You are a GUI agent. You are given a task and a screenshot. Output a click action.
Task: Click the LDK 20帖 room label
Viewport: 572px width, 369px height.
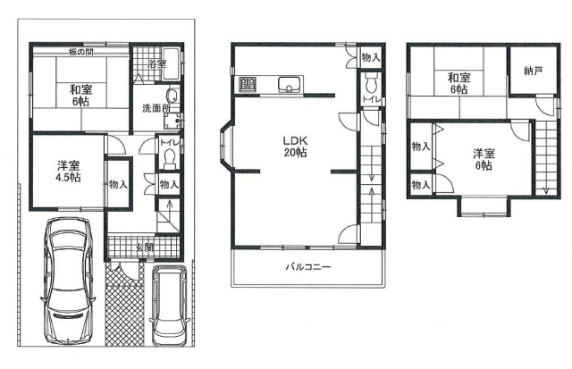tap(296, 147)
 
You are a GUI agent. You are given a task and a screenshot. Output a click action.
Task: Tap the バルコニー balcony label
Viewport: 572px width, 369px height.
tap(307, 267)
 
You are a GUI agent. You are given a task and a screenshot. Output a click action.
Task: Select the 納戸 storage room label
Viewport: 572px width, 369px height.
tap(533, 71)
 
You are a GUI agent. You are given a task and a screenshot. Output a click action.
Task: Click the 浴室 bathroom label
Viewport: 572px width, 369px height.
tap(157, 63)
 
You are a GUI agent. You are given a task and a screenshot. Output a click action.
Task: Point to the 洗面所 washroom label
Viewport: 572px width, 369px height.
tap(156, 108)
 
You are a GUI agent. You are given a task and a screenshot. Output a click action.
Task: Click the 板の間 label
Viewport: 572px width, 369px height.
tap(81, 52)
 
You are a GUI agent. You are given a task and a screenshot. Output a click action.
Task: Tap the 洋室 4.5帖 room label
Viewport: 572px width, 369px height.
tap(69, 172)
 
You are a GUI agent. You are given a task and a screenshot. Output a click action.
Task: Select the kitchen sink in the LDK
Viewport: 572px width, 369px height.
tap(289, 85)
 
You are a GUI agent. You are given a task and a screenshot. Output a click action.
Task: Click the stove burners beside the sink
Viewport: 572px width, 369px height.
tap(248, 85)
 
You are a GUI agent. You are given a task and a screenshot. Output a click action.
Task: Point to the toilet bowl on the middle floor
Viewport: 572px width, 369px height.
tap(372, 83)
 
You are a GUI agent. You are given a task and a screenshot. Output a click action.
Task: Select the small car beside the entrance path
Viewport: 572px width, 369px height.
tap(169, 306)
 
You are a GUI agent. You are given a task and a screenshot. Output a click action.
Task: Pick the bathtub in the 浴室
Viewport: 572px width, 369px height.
tap(171, 63)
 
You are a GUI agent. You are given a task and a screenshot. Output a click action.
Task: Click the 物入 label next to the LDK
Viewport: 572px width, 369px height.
tap(371, 57)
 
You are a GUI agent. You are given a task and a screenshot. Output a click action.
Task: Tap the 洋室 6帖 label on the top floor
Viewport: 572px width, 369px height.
tap(483, 159)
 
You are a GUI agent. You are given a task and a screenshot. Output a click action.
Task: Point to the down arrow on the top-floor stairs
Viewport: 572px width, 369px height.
tap(546, 190)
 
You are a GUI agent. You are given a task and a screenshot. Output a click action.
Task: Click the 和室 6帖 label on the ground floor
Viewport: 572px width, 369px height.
tap(81, 96)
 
